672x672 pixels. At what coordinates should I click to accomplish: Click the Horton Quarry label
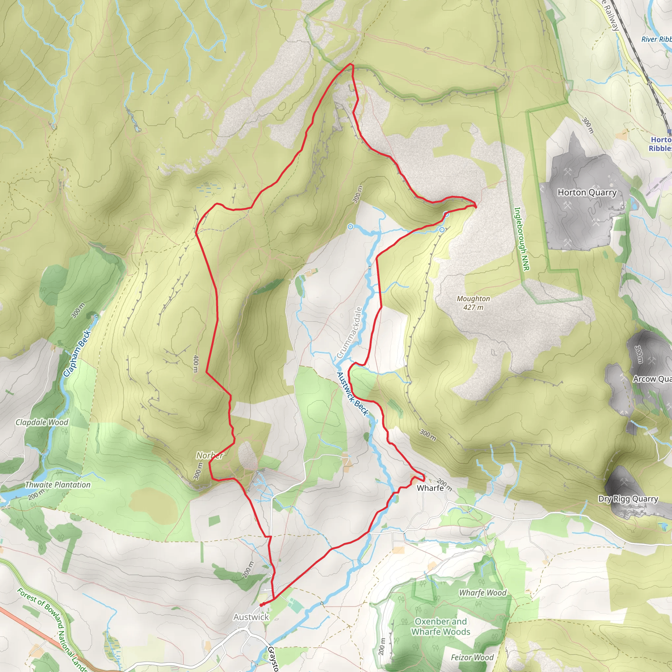pyautogui.click(x=587, y=192)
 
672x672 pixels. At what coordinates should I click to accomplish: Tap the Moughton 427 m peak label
pyautogui.click(x=473, y=303)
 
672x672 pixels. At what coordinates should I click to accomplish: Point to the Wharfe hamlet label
pyautogui.click(x=430, y=488)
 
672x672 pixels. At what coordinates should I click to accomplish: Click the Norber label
pyautogui.click(x=210, y=455)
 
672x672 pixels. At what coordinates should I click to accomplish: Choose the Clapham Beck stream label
pyautogui.click(x=77, y=353)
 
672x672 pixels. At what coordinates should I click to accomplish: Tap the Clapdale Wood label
pyautogui.click(x=42, y=422)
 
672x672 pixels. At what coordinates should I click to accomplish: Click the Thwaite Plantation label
pyautogui.click(x=58, y=485)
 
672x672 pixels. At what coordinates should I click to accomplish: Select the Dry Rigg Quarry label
pyautogui.click(x=628, y=499)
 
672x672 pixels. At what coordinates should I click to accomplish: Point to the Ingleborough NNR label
pyautogui.click(x=522, y=239)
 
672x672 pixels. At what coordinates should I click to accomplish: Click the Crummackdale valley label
pyautogui.click(x=349, y=332)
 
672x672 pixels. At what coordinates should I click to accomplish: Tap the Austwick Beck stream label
pyautogui.click(x=352, y=394)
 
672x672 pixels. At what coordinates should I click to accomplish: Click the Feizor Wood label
pyautogui.click(x=472, y=657)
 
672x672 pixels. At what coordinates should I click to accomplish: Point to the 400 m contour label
pyautogui.click(x=196, y=364)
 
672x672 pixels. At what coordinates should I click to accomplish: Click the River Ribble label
pyautogui.click(x=656, y=39)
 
